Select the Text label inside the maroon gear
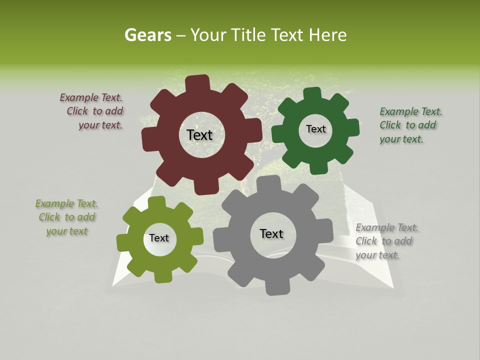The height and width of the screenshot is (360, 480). click(x=199, y=135)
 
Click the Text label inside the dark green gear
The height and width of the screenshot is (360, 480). click(x=315, y=129)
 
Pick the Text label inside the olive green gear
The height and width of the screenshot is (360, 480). click(x=159, y=238)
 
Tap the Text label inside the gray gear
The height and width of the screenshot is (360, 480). click(x=271, y=233)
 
